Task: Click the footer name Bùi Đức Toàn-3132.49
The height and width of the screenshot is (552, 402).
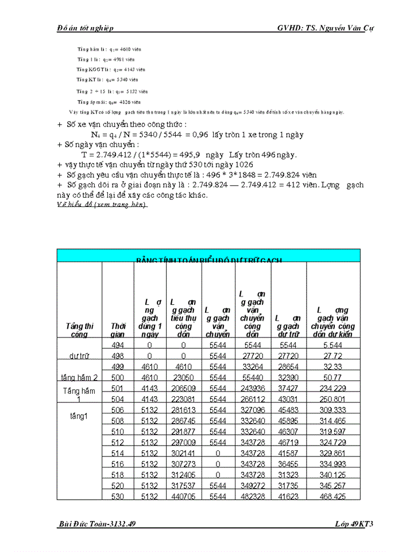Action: (98, 524)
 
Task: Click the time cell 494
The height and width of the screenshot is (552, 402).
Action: (117, 344)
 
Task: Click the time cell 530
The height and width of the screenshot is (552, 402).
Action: (117, 496)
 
